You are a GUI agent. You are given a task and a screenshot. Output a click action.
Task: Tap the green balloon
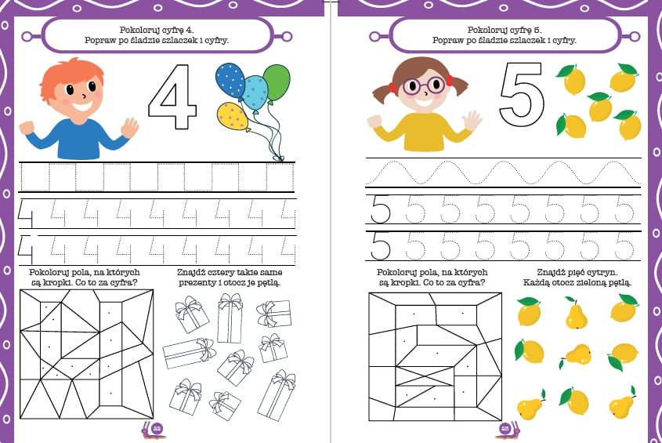point(277,82)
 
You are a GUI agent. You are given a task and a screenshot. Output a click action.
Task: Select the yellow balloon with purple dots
point(231,116)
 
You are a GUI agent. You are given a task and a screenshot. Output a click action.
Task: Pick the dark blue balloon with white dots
point(230,80)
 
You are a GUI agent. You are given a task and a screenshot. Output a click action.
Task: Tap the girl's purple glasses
point(424,86)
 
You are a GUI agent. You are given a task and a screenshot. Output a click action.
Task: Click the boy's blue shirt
point(78,140)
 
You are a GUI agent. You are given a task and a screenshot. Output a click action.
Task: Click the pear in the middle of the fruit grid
point(577,355)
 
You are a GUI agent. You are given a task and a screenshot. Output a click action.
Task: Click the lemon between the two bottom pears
point(574,401)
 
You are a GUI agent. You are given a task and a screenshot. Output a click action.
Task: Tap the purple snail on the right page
point(508,429)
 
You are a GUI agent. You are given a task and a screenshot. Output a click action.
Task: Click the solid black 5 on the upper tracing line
point(381,209)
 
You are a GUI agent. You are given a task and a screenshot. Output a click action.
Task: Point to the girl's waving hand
point(472,121)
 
